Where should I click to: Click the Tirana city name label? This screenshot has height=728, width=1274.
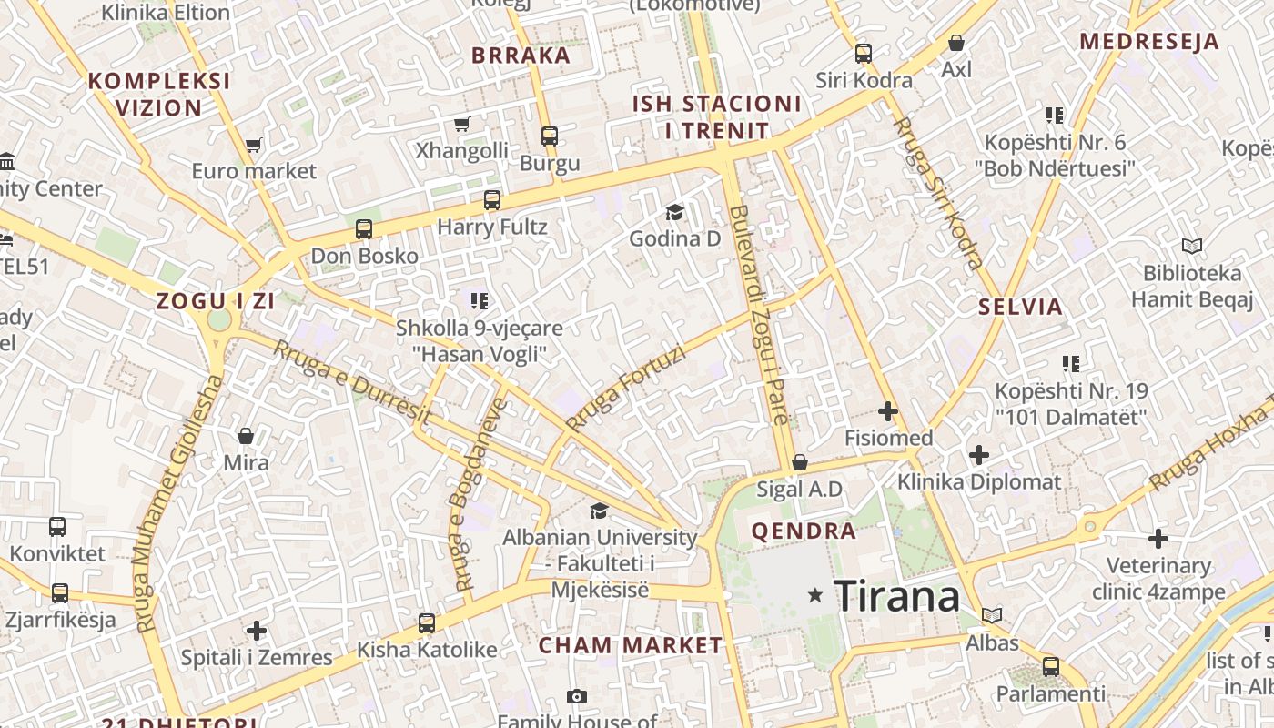click(x=896, y=597)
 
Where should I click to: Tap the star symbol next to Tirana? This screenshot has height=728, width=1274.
click(x=815, y=596)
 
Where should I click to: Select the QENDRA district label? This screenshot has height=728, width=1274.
click(x=804, y=531)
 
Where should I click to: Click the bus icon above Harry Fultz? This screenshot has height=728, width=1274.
click(x=492, y=200)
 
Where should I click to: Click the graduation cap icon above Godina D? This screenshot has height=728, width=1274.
click(x=674, y=213)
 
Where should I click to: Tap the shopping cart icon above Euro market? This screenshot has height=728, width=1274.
click(x=254, y=145)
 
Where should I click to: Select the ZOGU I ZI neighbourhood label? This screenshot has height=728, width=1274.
click(x=215, y=302)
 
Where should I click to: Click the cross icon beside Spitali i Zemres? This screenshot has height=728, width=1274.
click(x=257, y=630)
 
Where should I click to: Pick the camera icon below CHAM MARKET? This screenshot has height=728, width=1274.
click(x=576, y=696)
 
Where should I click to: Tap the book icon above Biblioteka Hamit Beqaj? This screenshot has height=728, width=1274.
click(x=1191, y=246)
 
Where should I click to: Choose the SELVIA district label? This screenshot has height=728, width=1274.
click(x=1020, y=307)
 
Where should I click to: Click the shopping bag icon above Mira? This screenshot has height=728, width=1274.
click(x=246, y=437)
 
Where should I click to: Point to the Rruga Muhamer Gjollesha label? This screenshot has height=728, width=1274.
click(x=178, y=505)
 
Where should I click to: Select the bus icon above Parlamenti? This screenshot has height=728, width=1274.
click(x=1051, y=666)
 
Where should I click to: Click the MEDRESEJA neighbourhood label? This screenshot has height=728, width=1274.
click(x=1148, y=41)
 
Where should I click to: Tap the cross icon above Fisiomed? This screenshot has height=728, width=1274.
click(x=888, y=411)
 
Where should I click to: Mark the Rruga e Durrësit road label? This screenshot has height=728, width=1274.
click(x=351, y=381)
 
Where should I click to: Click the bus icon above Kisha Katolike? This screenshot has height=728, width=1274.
click(x=427, y=623)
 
